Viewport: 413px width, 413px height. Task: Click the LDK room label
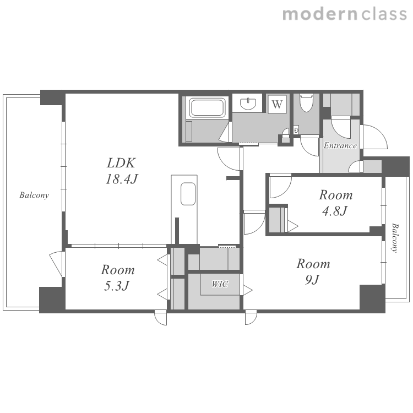(x=121, y=163)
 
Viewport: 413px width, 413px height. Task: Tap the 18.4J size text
(x=122, y=179)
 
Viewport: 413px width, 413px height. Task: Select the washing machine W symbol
(x=277, y=104)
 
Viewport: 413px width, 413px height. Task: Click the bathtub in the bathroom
(x=208, y=107)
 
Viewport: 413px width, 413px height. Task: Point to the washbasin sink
(x=248, y=104)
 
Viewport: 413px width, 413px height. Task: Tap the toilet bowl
(x=306, y=103)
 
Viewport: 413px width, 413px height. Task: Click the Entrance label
(x=340, y=145)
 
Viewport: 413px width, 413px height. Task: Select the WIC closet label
(x=220, y=284)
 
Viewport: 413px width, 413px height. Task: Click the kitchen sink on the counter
(x=188, y=194)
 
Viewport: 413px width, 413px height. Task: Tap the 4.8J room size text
(x=335, y=211)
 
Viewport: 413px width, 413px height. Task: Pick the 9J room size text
(x=312, y=279)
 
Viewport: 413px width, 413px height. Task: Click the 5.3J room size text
(x=117, y=286)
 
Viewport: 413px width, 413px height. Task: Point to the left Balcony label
(x=34, y=195)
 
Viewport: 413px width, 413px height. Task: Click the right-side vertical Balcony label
(x=395, y=238)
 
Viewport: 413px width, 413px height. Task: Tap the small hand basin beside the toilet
(x=297, y=130)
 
